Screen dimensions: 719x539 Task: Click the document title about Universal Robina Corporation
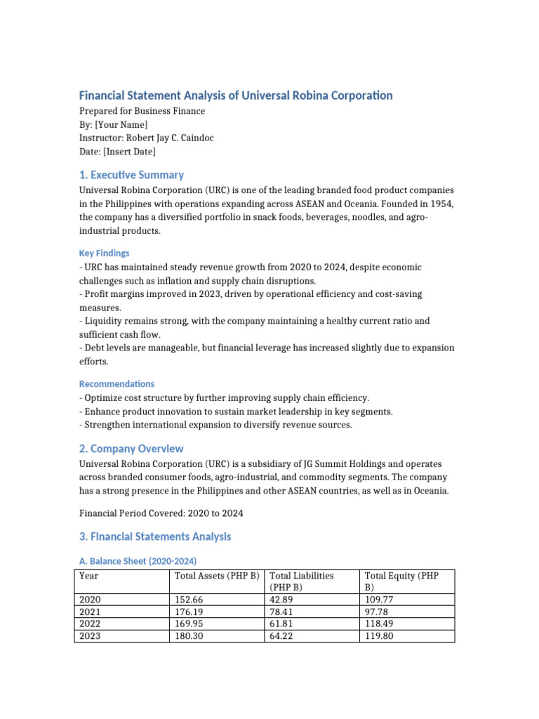point(235,95)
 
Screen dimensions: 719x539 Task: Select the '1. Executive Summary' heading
point(131,175)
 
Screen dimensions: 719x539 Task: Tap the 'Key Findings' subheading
point(104,253)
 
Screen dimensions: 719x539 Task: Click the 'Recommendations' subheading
point(117,384)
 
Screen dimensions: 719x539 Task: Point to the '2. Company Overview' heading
point(131,449)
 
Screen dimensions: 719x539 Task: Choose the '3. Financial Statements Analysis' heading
point(155,536)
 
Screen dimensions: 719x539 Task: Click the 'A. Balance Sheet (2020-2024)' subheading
point(138,561)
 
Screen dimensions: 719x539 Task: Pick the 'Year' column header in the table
point(89,576)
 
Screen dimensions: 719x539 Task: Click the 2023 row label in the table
point(90,637)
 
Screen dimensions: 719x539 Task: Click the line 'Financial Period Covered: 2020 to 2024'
point(161,513)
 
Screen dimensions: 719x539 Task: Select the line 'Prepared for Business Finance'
point(142,111)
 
